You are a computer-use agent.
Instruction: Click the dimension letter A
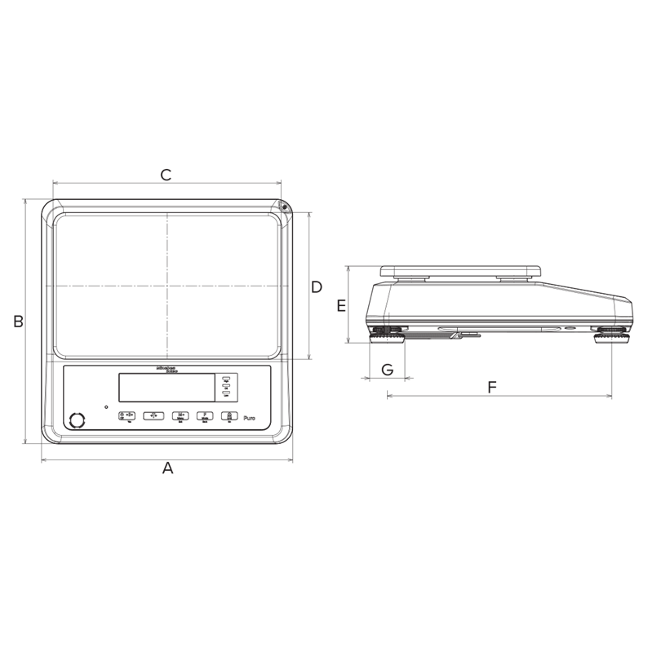pos(168,468)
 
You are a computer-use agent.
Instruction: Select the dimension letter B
pos(18,322)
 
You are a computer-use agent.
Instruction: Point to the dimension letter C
pos(166,175)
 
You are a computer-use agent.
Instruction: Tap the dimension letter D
pos(317,286)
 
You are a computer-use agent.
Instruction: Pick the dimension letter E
pos(342,306)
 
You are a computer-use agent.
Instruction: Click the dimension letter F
pos(492,387)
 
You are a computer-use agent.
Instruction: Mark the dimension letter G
pos(388,370)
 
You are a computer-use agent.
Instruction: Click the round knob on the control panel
pos(78,420)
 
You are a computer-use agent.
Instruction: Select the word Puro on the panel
pos(251,417)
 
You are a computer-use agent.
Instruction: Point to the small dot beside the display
pos(105,406)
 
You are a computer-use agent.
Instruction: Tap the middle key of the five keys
pos(180,415)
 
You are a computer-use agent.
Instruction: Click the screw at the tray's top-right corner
pos(284,207)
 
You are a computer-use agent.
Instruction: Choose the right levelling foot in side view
pos(610,334)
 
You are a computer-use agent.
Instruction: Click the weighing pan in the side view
pos(461,269)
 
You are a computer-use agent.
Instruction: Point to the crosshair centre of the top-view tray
pos(168,286)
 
